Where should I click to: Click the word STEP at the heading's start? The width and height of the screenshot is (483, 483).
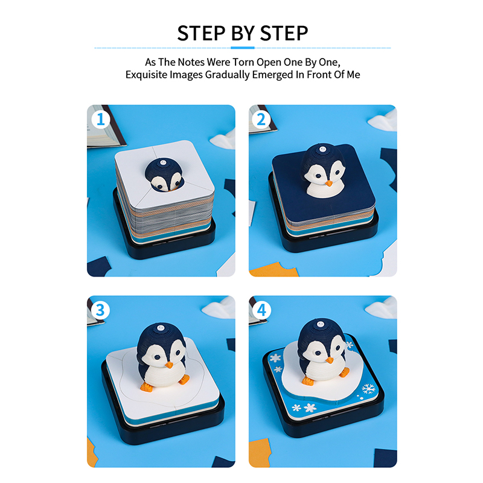201,33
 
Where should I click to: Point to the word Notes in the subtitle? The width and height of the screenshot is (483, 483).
191,62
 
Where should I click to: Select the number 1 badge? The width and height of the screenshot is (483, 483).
101,119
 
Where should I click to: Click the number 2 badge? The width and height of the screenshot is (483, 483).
261,119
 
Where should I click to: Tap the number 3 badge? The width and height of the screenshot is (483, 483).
100,310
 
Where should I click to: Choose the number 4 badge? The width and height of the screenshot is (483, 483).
261,310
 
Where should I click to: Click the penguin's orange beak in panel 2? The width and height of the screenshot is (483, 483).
328,184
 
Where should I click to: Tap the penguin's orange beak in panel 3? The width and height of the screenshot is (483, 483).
169,365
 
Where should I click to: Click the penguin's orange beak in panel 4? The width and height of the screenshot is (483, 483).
330,360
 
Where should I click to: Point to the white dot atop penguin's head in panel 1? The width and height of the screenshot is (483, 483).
163,162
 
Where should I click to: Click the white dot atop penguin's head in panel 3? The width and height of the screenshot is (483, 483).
160,328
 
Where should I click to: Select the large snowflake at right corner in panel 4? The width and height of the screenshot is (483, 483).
368,389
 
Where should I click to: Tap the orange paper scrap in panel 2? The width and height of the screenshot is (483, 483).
274,270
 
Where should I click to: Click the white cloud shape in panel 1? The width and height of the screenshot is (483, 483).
223,139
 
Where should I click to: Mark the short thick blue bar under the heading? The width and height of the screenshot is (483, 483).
243,48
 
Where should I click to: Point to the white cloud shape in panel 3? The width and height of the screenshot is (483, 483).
219,307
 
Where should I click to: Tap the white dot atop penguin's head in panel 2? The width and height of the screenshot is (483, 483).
322,150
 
